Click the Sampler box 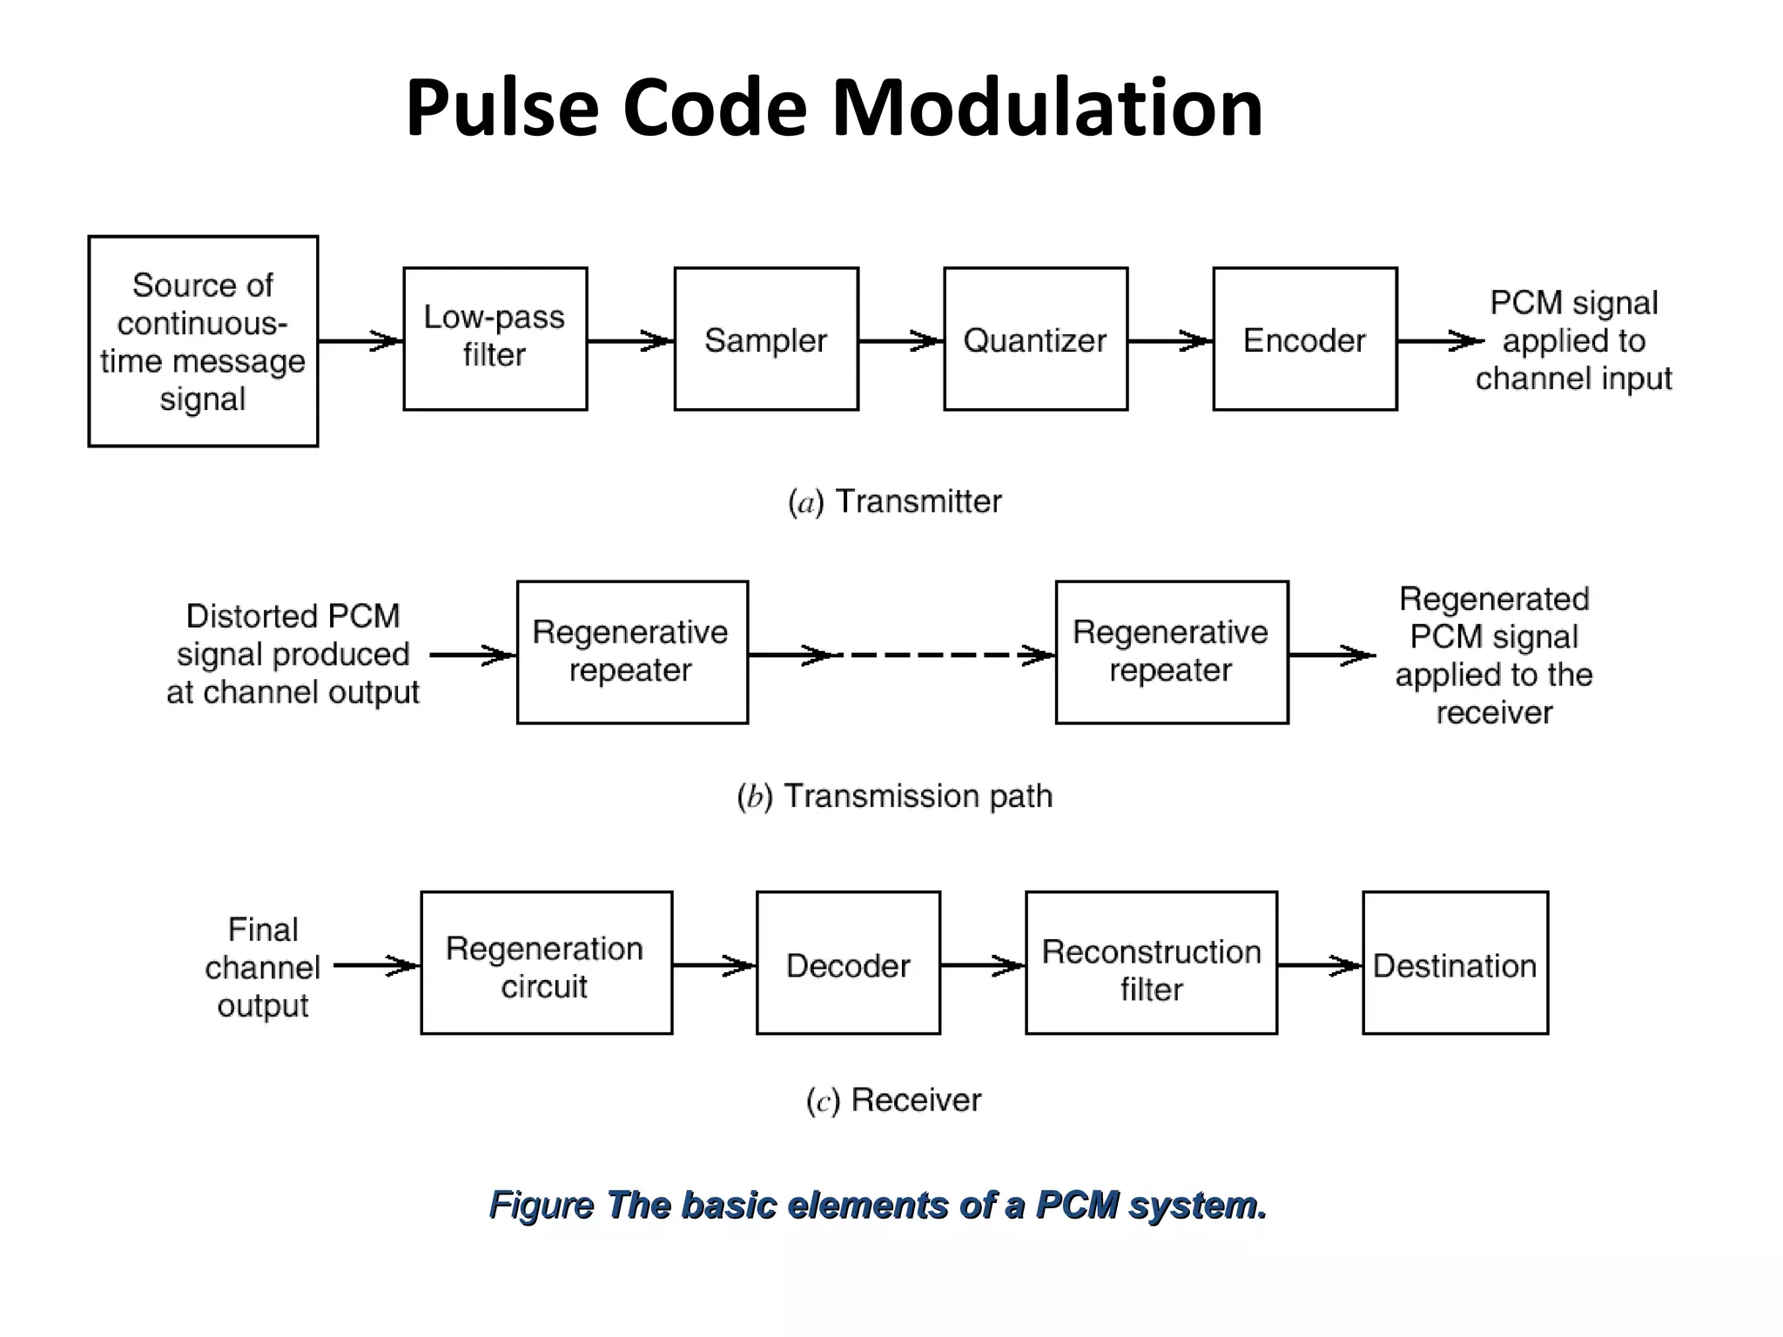[766, 339]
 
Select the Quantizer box [1035, 339]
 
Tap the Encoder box [1304, 339]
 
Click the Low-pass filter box [495, 339]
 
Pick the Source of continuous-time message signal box [203, 341]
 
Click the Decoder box [848, 963]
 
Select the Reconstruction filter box [1151, 963]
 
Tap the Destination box [1455, 963]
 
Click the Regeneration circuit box [546, 963]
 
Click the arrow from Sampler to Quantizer [901, 341]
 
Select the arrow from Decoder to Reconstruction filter [983, 964]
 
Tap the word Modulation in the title [1046, 108]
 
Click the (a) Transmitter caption [894, 502]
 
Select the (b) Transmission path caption [894, 796]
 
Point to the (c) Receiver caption [894, 1100]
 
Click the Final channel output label [262, 967]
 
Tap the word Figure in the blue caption [541, 1206]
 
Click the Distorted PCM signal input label [293, 655]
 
